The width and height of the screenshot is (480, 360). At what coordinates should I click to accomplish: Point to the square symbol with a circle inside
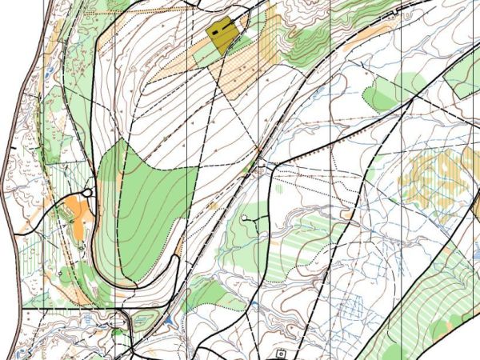pos(281,353)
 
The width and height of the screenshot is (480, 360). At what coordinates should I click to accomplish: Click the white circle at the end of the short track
pos(245,218)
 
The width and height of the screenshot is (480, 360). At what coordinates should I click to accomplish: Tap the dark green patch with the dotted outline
pos(382,94)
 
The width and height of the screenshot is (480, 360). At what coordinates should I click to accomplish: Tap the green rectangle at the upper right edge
pos(464,76)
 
